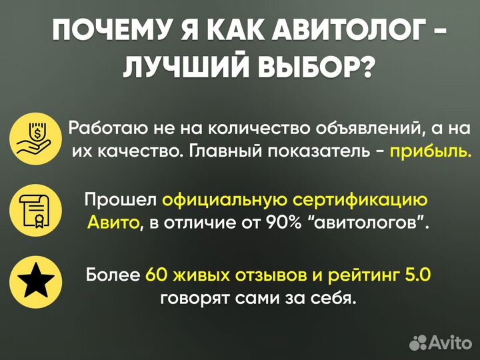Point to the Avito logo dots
click(419, 342)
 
